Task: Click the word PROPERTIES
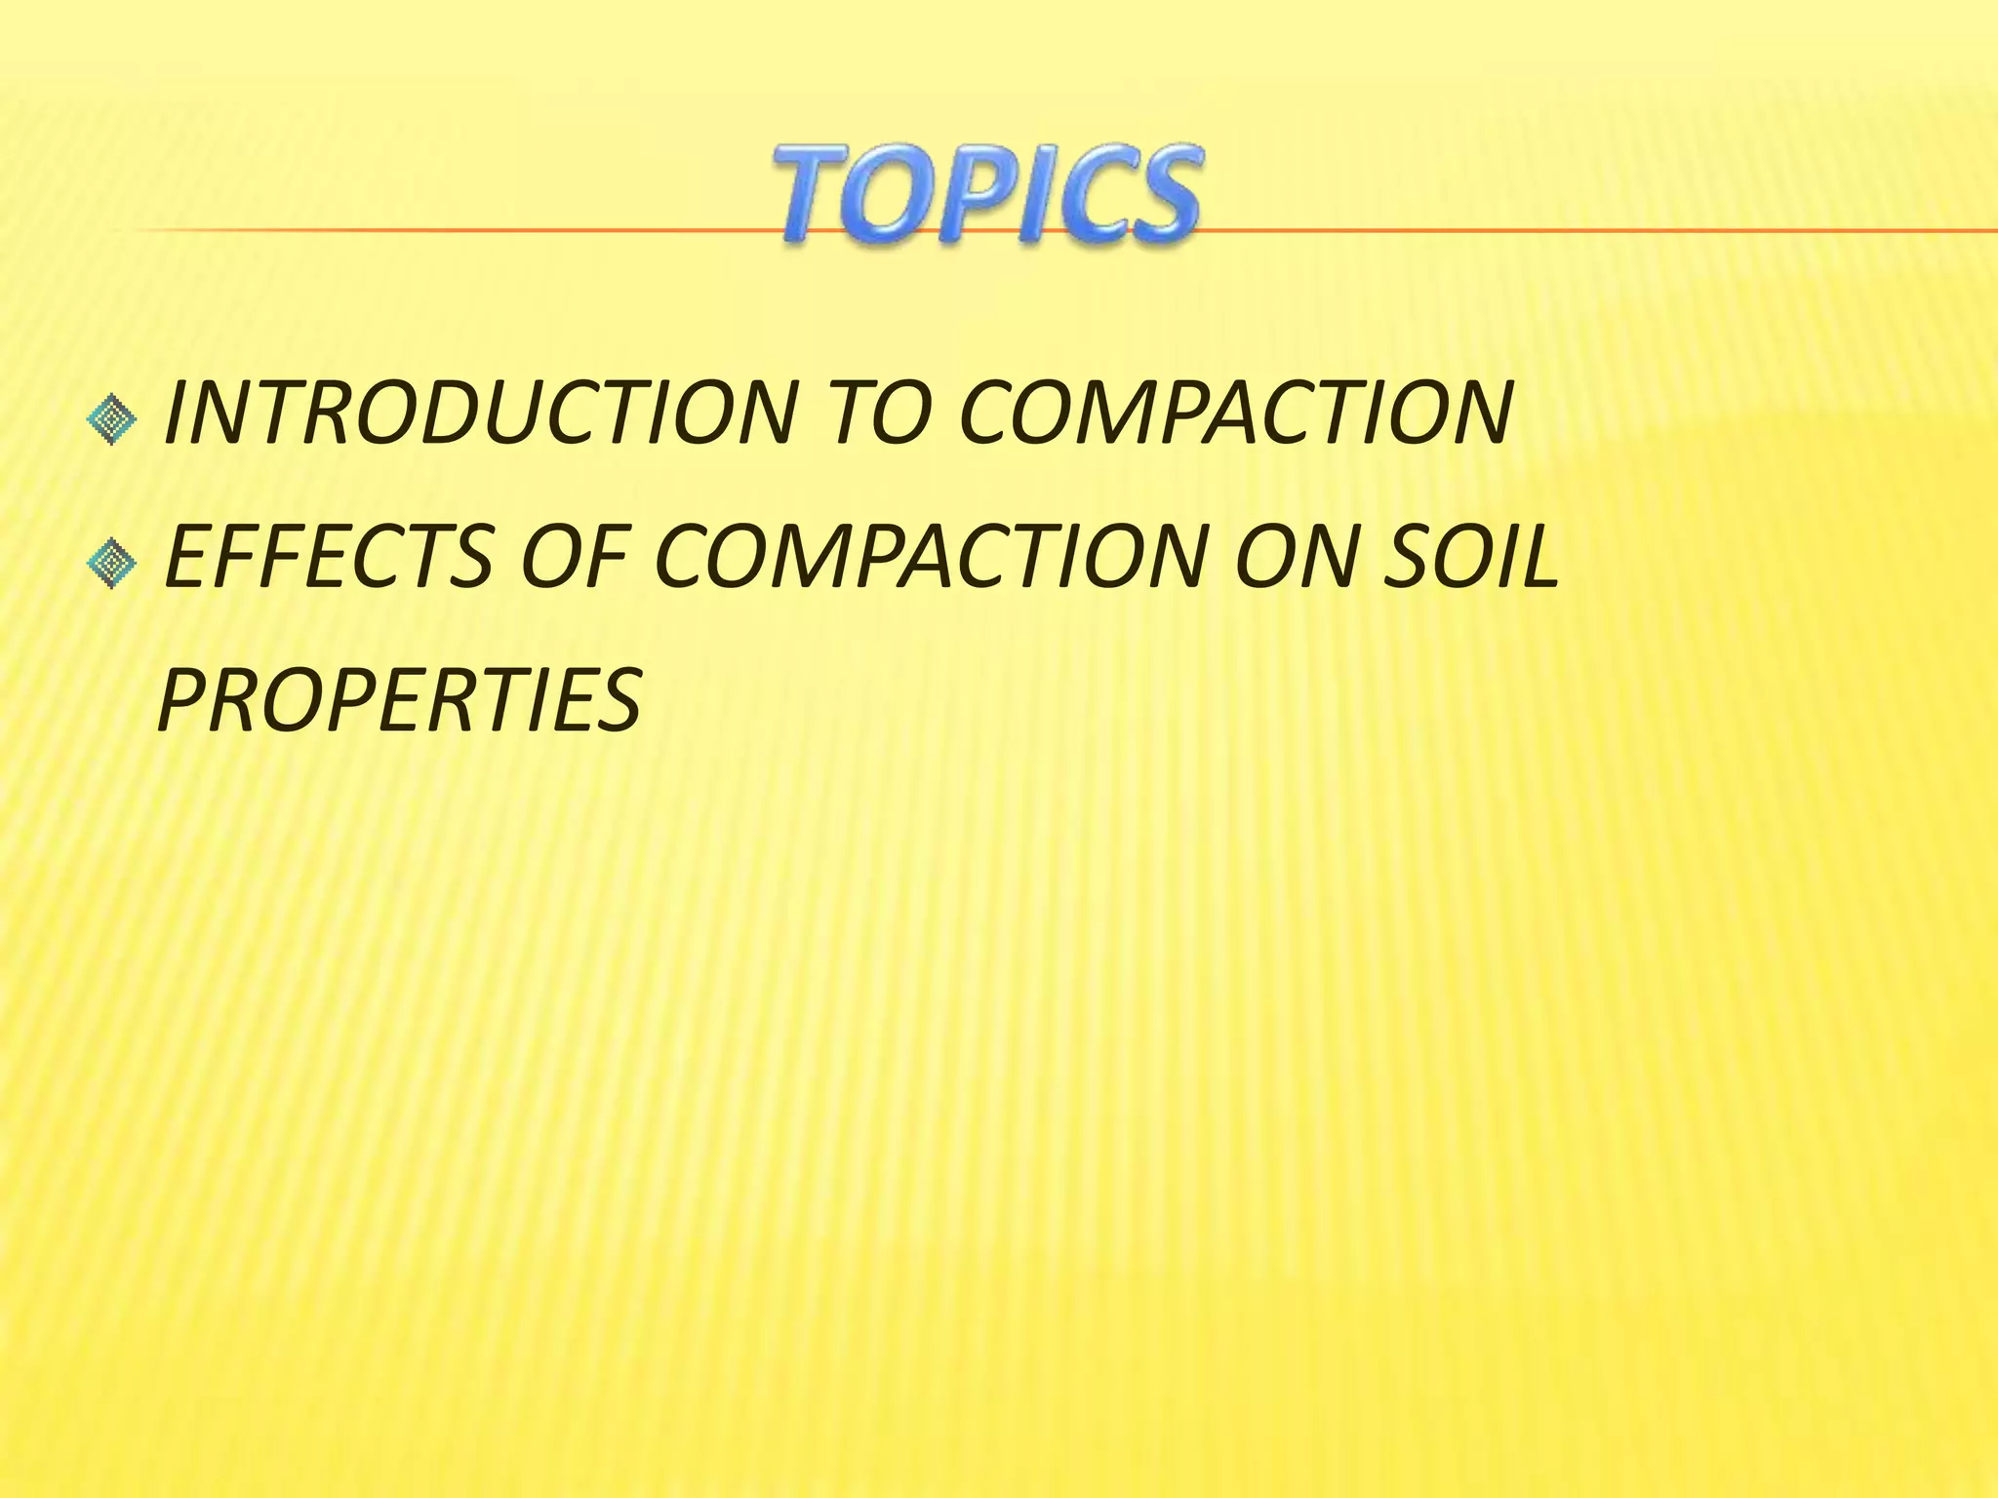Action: pyautogui.click(x=399, y=700)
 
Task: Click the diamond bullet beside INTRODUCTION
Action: pyautogui.click(x=112, y=420)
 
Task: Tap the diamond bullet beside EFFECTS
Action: pyautogui.click(x=112, y=564)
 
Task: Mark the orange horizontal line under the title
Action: pyautogui.click(x=439, y=230)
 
